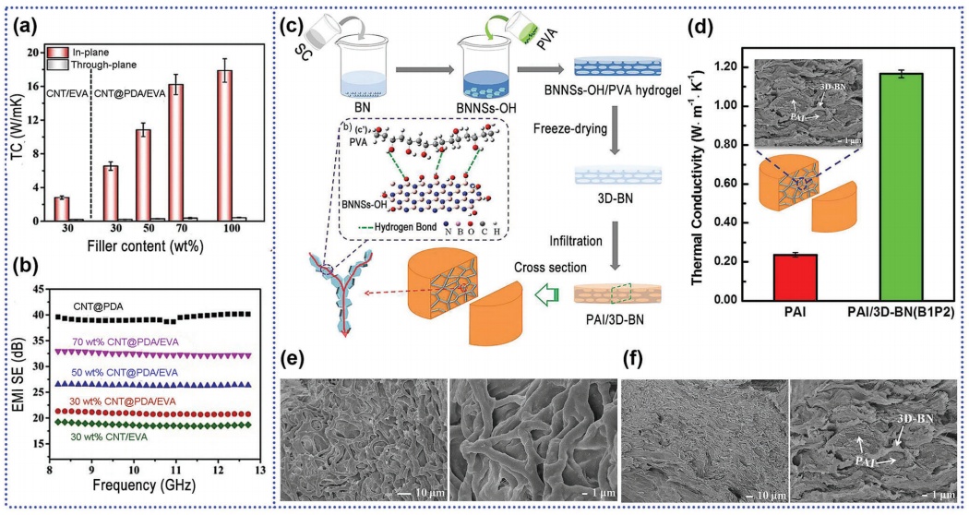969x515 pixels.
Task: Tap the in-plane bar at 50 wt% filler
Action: point(142,175)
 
